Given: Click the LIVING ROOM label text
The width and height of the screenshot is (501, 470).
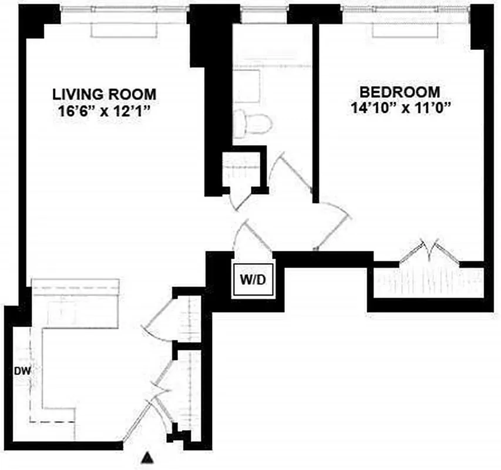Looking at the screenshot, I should (105, 93).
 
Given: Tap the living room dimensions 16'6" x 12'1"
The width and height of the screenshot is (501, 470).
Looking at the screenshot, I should (105, 112).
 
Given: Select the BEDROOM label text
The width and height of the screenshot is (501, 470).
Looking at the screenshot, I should (400, 92).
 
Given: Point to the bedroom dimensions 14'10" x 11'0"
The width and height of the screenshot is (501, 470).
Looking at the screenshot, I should (400, 109).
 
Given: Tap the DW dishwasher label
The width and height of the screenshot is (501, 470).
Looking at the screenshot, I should (22, 371).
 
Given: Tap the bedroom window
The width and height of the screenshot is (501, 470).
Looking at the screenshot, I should (406, 10).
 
